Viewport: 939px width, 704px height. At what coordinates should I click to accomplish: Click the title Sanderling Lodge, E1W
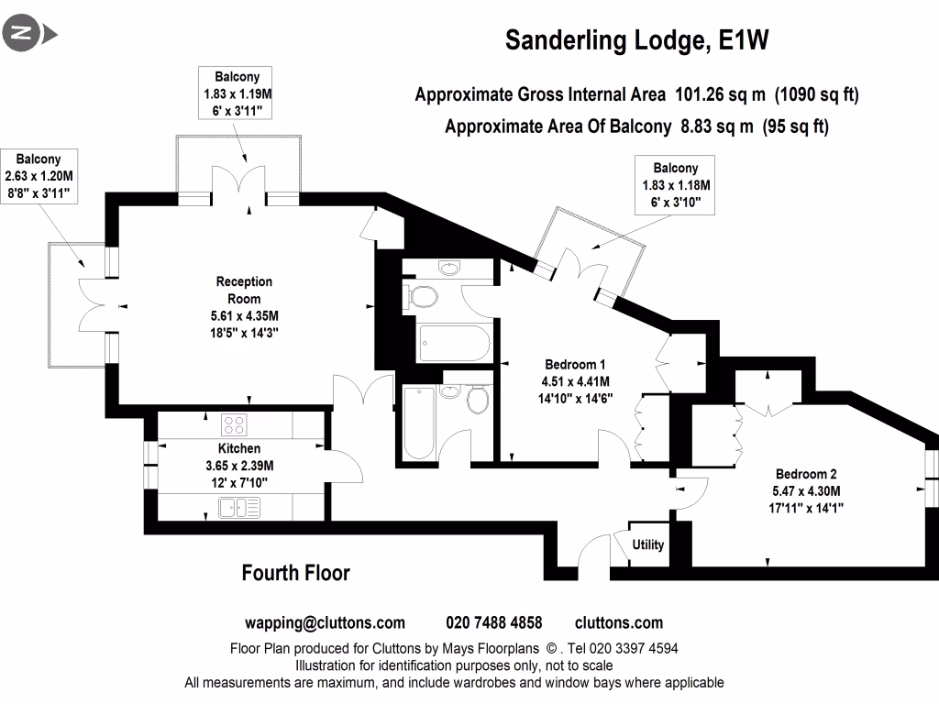pyautogui.click(x=636, y=40)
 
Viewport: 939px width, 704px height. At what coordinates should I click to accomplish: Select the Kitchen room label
pyautogui.click(x=239, y=448)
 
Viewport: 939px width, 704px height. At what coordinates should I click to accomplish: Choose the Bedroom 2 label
pyautogui.click(x=806, y=474)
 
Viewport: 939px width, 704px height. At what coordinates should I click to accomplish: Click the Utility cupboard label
pyautogui.click(x=647, y=544)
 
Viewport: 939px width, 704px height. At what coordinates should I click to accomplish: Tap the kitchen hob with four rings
pyautogui.click(x=235, y=424)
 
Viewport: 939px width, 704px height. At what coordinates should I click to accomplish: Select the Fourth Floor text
pyautogui.click(x=295, y=573)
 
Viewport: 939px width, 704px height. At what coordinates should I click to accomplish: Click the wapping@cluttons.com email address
pyautogui.click(x=325, y=623)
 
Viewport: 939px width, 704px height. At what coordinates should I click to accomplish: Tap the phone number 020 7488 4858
pyautogui.click(x=494, y=623)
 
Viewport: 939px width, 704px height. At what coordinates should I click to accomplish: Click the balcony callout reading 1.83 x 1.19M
pyautogui.click(x=238, y=93)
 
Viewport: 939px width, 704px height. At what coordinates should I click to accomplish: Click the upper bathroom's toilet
pyautogui.click(x=423, y=296)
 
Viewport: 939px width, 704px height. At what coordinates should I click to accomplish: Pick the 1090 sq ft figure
pyautogui.click(x=816, y=94)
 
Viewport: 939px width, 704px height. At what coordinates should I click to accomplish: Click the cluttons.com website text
pyautogui.click(x=618, y=623)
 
